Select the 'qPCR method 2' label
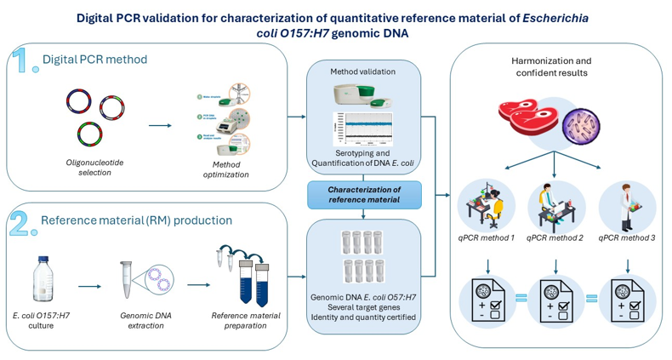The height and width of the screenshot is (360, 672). [555, 237]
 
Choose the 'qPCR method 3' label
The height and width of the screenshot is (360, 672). [627, 237]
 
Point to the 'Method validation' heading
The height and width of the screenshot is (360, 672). [363, 72]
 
